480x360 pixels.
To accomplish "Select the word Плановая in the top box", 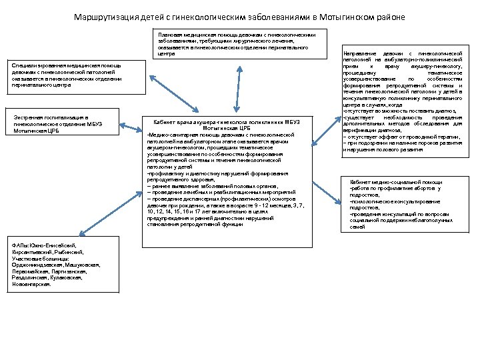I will pyautogui.click(x=169, y=33).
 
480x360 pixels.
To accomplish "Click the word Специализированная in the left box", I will pyautogui.click(x=37, y=65).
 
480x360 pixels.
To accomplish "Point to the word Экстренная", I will pyautogui.click(x=28, y=118).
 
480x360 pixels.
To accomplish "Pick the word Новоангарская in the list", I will pyautogui.click(x=31, y=284).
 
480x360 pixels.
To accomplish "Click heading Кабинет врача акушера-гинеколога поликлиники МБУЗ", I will pyautogui.click(x=227, y=122).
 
